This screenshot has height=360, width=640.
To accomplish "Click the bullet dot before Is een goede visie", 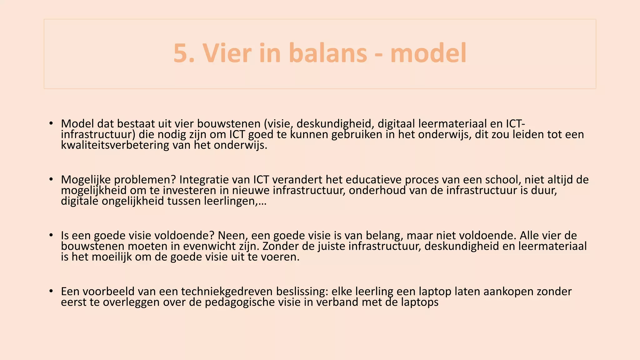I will point(51,235).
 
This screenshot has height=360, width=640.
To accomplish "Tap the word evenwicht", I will point(209,246).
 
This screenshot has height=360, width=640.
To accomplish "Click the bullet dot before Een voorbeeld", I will point(51,291).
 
